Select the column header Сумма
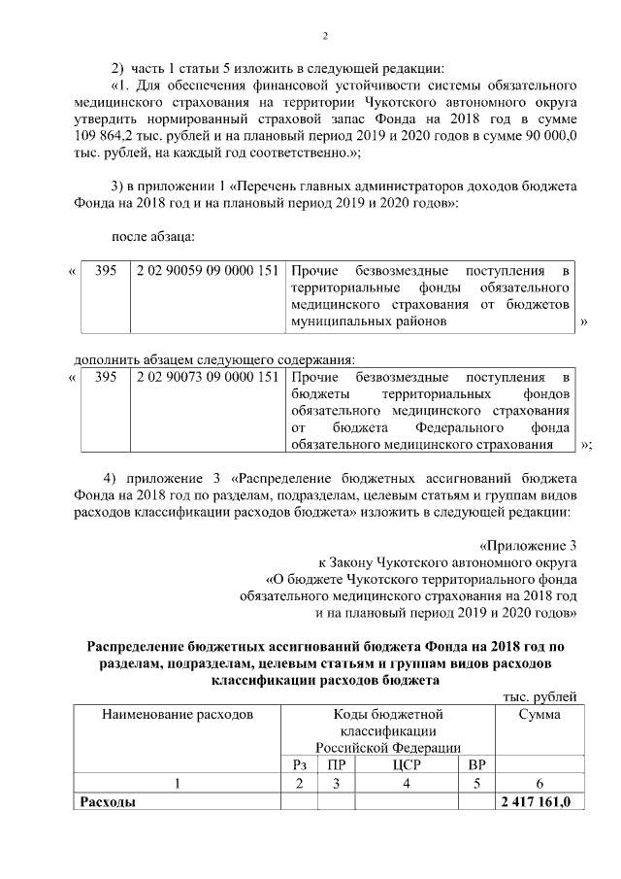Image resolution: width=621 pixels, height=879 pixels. [537, 715]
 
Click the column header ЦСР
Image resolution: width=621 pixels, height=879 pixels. [407, 764]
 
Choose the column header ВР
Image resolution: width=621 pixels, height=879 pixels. [475, 764]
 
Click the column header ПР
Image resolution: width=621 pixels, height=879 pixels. [338, 764]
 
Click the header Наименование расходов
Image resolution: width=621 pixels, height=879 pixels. [178, 715]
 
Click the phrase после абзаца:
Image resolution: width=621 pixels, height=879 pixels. [154, 235]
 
